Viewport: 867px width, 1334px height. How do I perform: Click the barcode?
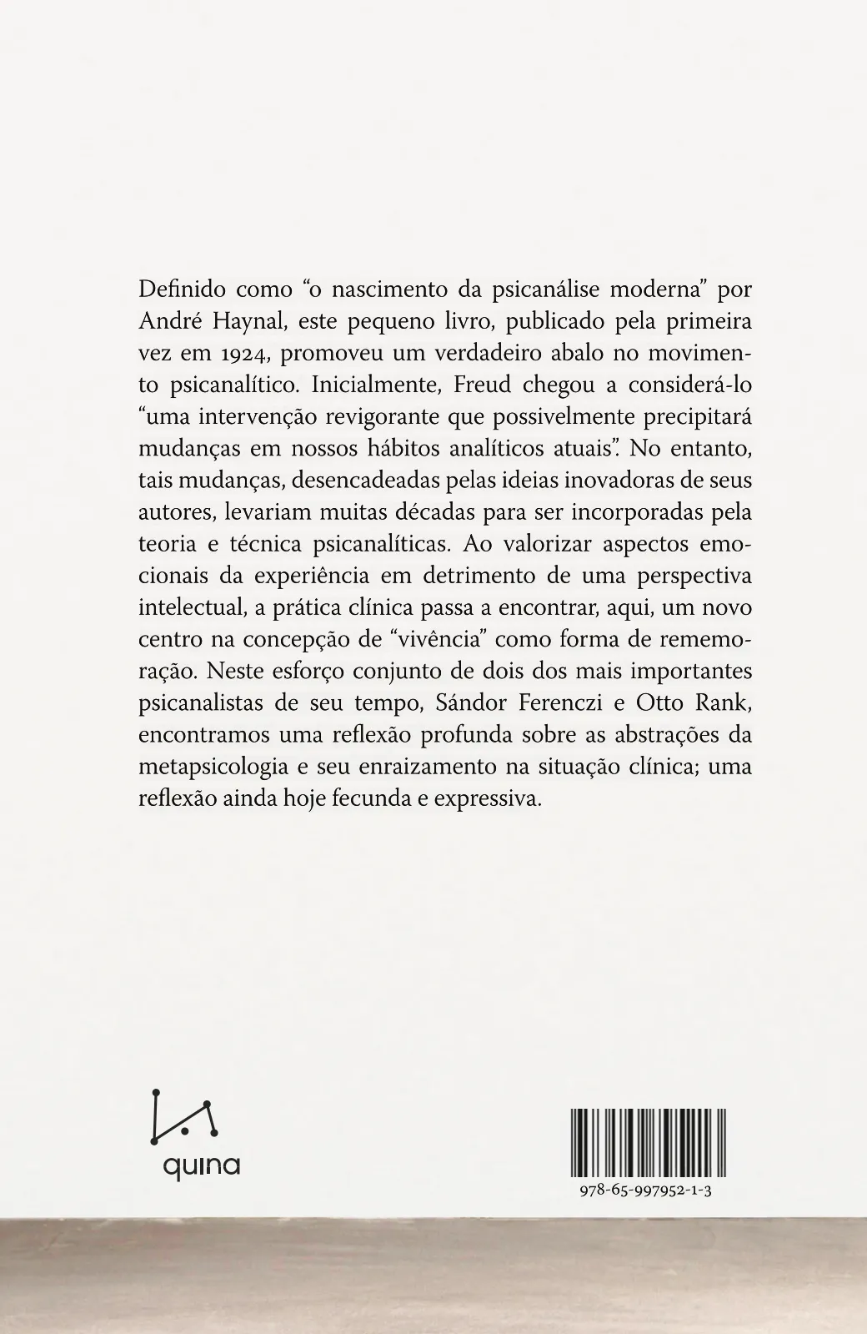tap(649, 1140)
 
